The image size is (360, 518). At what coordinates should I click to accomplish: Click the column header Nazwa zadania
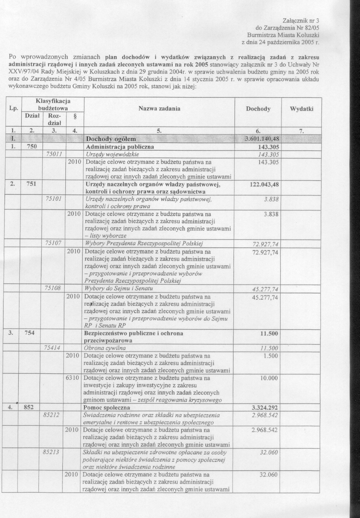click(159, 109)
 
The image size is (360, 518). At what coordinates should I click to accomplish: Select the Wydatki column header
click(301, 109)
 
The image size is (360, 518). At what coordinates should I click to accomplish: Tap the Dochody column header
click(258, 109)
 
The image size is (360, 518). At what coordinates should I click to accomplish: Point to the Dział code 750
click(32, 147)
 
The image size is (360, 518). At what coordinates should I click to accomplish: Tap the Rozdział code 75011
click(54, 154)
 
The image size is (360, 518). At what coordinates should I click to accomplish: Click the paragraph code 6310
click(73, 378)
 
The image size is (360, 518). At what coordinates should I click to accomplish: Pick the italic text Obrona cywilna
click(105, 348)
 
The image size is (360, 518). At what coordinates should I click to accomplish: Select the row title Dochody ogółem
click(111, 138)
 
